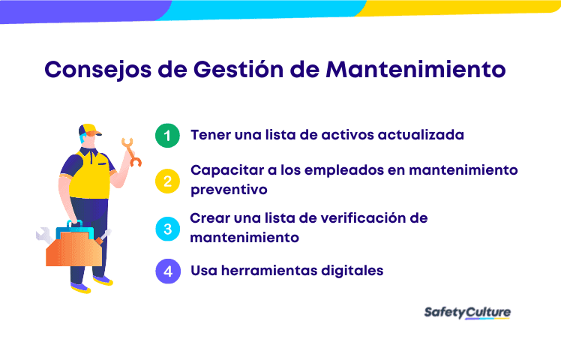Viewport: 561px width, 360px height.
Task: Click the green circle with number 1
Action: (x=168, y=136)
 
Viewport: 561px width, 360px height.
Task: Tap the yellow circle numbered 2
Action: (x=168, y=180)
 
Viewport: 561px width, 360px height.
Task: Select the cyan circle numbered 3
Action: (x=168, y=229)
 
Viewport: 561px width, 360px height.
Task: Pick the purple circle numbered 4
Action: (x=168, y=271)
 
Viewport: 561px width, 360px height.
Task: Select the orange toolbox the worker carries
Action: (x=73, y=244)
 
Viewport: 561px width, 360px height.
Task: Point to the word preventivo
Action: (x=229, y=190)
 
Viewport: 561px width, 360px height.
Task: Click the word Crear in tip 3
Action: (x=209, y=219)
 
